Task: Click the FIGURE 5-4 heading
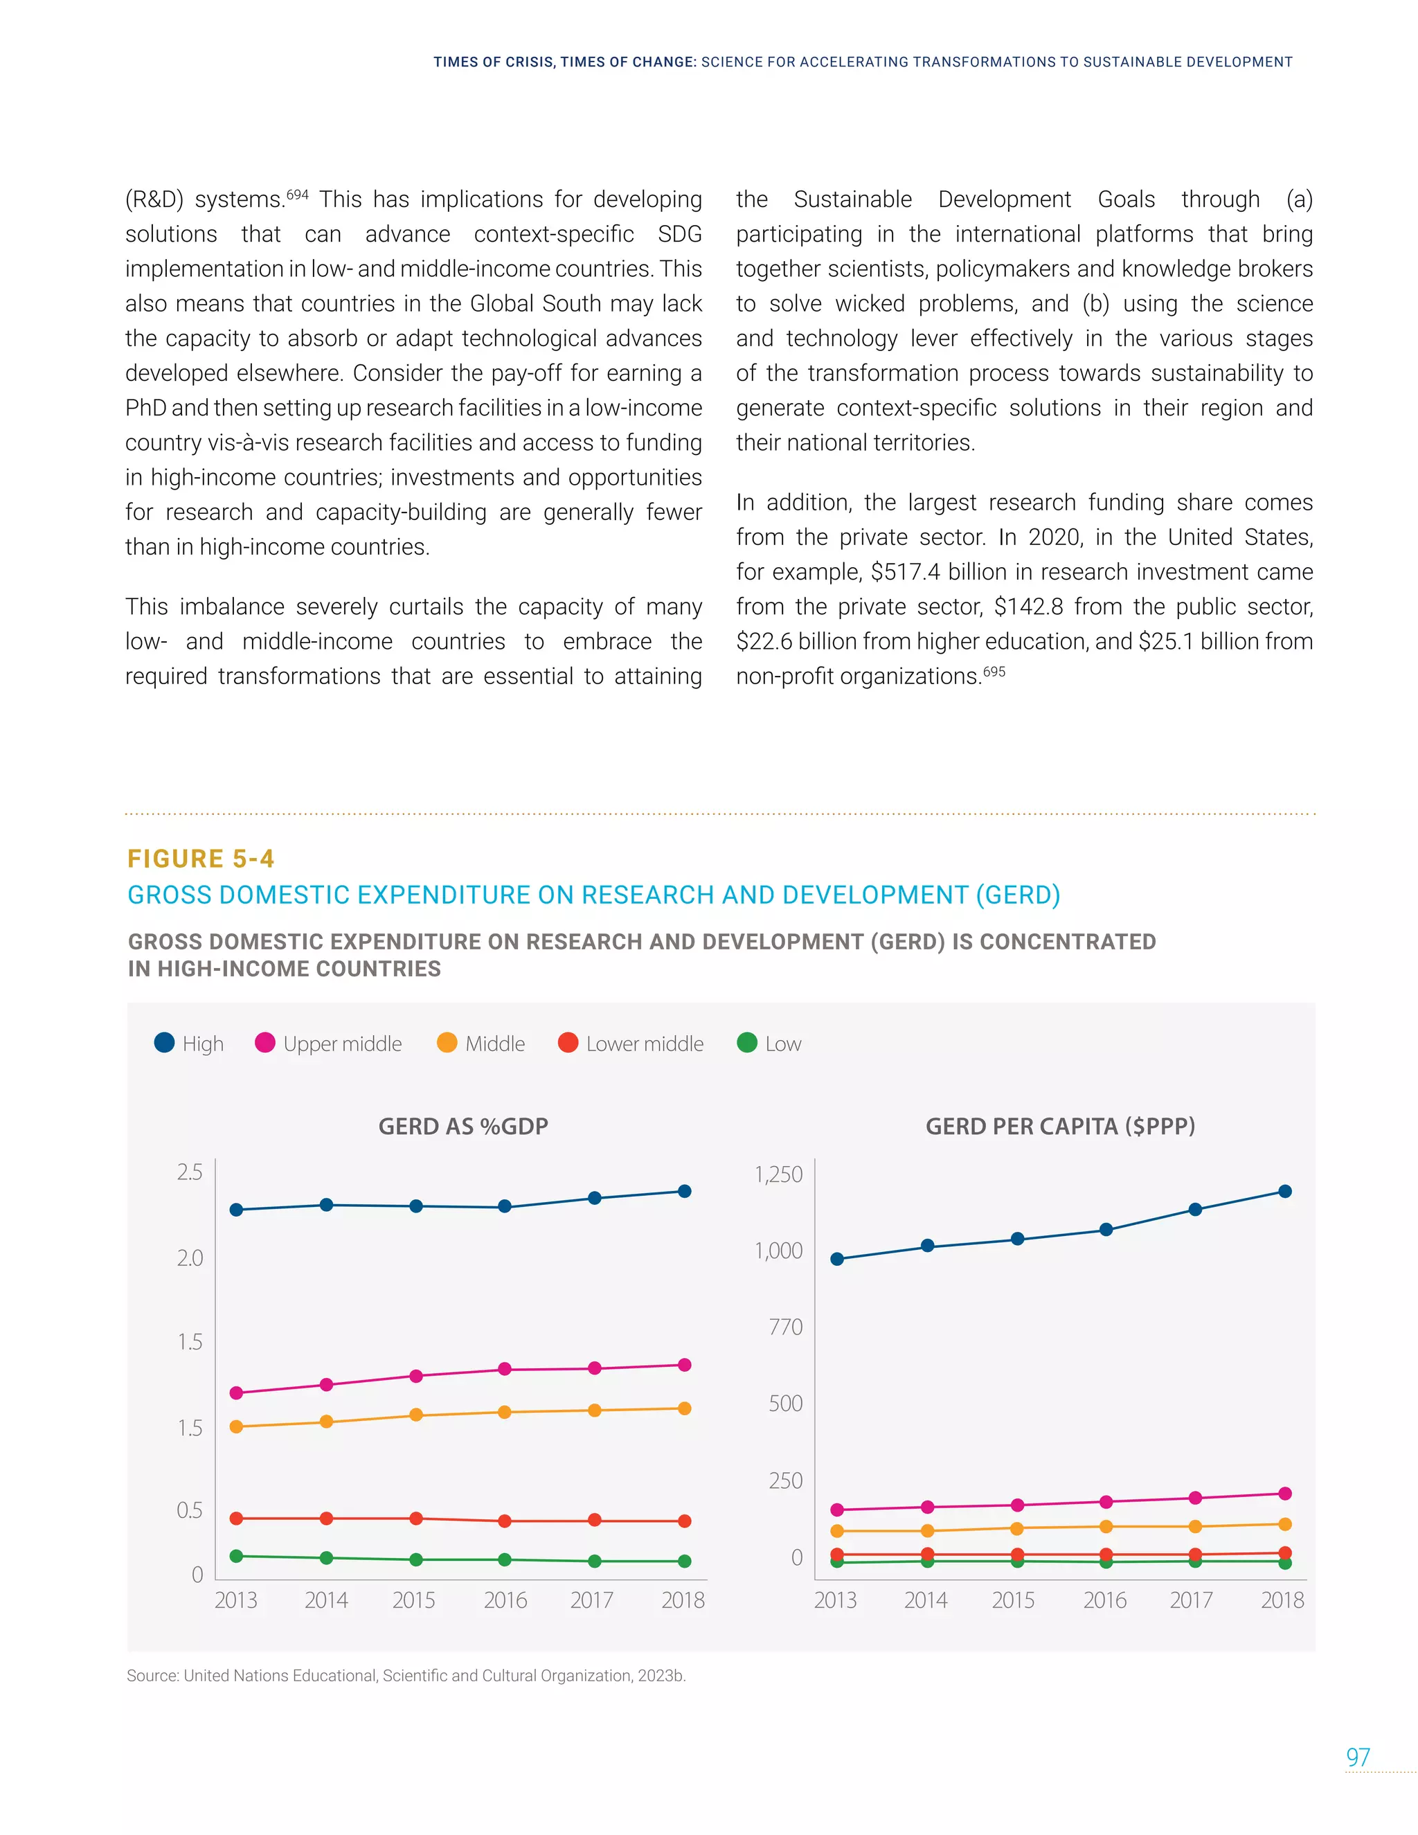pyautogui.click(x=201, y=859)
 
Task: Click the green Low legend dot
pyautogui.click(x=747, y=1043)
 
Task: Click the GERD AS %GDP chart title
pyautogui.click(x=463, y=1126)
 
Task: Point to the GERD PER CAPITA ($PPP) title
pyautogui.click(x=1060, y=1126)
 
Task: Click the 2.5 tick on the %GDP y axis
pyautogui.click(x=190, y=1172)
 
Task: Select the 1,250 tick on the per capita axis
pyautogui.click(x=779, y=1174)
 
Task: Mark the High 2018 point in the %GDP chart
pyautogui.click(x=685, y=1192)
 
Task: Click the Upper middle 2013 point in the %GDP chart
pyautogui.click(x=236, y=1393)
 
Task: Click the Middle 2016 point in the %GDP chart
pyautogui.click(x=505, y=1413)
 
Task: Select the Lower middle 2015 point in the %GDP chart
pyautogui.click(x=416, y=1519)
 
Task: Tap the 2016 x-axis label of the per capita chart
pyautogui.click(x=1104, y=1600)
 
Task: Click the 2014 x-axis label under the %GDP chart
pyautogui.click(x=326, y=1600)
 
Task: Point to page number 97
pyautogui.click(x=1358, y=1757)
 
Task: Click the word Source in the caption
pyautogui.click(x=152, y=1675)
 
